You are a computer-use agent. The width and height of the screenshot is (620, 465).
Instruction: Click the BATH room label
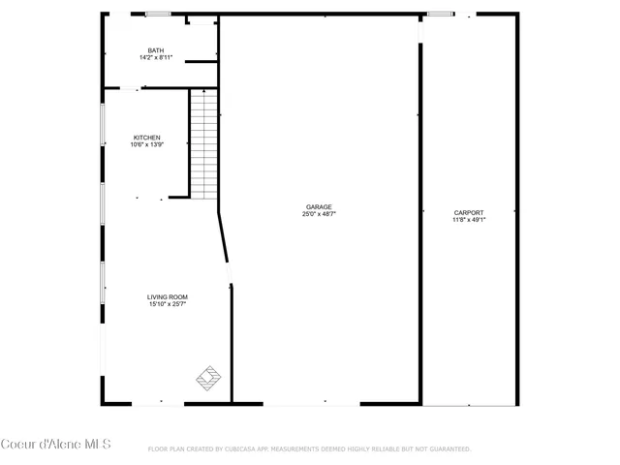pyautogui.click(x=155, y=50)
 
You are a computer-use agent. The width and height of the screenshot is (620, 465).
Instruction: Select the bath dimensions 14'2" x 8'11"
pyautogui.click(x=155, y=58)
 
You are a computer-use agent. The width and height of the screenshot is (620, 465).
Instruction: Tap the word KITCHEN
pyautogui.click(x=146, y=138)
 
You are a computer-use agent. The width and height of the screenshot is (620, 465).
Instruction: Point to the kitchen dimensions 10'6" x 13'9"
pyautogui.click(x=146, y=145)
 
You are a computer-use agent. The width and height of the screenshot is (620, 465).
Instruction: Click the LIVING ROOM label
pyautogui.click(x=167, y=296)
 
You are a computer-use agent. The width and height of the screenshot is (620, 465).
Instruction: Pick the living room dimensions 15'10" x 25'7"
pyautogui.click(x=167, y=304)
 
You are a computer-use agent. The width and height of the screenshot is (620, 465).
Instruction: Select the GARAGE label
pyautogui.click(x=319, y=206)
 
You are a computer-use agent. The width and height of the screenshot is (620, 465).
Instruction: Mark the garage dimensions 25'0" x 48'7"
pyautogui.click(x=319, y=214)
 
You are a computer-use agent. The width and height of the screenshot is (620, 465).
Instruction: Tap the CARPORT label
pyautogui.click(x=468, y=212)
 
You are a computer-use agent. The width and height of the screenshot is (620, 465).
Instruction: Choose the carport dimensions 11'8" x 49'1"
pyautogui.click(x=468, y=220)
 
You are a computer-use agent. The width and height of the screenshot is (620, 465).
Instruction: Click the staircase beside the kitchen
pyautogui.click(x=203, y=143)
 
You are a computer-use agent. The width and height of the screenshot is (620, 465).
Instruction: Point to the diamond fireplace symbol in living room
pyautogui.click(x=209, y=378)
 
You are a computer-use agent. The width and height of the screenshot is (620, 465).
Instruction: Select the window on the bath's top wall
pyautogui.click(x=158, y=14)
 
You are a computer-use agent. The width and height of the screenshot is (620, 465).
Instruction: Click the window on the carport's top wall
pyautogui.click(x=440, y=14)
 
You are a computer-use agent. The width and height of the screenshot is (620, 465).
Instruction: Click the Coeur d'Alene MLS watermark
pyautogui.click(x=55, y=445)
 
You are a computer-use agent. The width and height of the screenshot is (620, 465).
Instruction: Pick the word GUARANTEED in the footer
pyautogui.click(x=449, y=449)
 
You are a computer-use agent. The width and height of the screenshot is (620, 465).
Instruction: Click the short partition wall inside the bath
pyautogui.click(x=201, y=61)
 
